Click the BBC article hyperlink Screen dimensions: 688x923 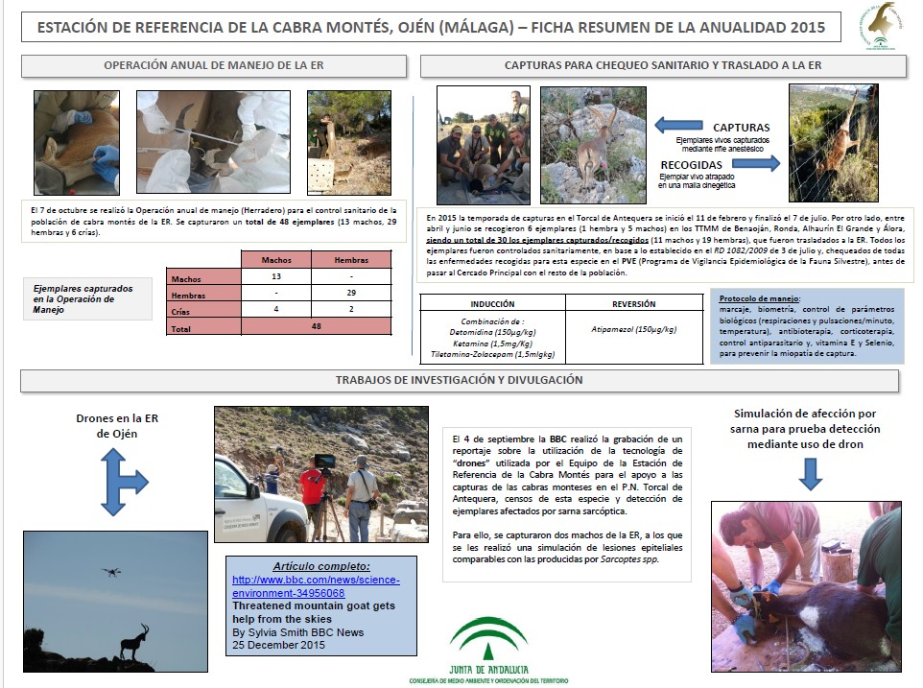click(x=316, y=587)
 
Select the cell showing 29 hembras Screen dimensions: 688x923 click(x=350, y=295)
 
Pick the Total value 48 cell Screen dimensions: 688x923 click(x=316, y=327)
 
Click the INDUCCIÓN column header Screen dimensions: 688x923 click(x=492, y=304)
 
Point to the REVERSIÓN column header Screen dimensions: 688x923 click(x=633, y=304)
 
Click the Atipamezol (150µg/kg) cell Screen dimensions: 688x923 click(x=633, y=329)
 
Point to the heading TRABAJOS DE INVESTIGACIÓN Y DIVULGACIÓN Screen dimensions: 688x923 click(x=459, y=380)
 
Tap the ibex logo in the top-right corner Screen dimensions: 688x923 click(x=877, y=26)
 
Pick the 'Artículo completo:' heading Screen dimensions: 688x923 click(x=320, y=567)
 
